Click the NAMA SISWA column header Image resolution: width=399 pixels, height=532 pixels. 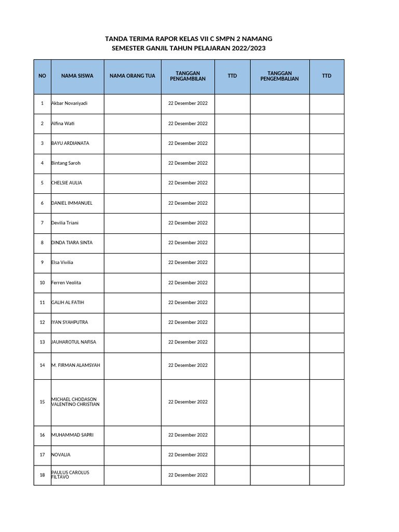(x=77, y=76)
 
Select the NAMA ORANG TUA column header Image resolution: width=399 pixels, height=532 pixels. (x=132, y=76)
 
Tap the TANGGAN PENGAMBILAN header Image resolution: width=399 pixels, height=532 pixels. (x=188, y=76)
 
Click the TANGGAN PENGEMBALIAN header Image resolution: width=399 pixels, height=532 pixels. (x=280, y=76)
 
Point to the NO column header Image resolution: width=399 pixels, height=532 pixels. (x=42, y=76)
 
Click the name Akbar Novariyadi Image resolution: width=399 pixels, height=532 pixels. (x=70, y=103)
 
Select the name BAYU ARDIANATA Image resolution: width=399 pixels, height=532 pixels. (x=70, y=143)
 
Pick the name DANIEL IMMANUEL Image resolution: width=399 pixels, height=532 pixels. (x=72, y=203)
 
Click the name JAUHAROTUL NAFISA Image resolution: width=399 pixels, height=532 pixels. (x=73, y=342)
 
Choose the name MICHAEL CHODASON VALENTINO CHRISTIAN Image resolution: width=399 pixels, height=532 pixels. (x=75, y=402)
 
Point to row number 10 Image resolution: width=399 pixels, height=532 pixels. (x=42, y=283)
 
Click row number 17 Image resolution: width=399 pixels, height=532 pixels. (x=42, y=455)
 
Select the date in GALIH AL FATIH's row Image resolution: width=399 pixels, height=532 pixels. (x=188, y=302)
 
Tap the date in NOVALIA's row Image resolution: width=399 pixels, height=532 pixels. (x=188, y=455)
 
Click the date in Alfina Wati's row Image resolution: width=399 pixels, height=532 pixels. (x=188, y=124)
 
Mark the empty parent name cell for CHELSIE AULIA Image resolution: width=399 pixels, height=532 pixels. (x=132, y=183)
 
